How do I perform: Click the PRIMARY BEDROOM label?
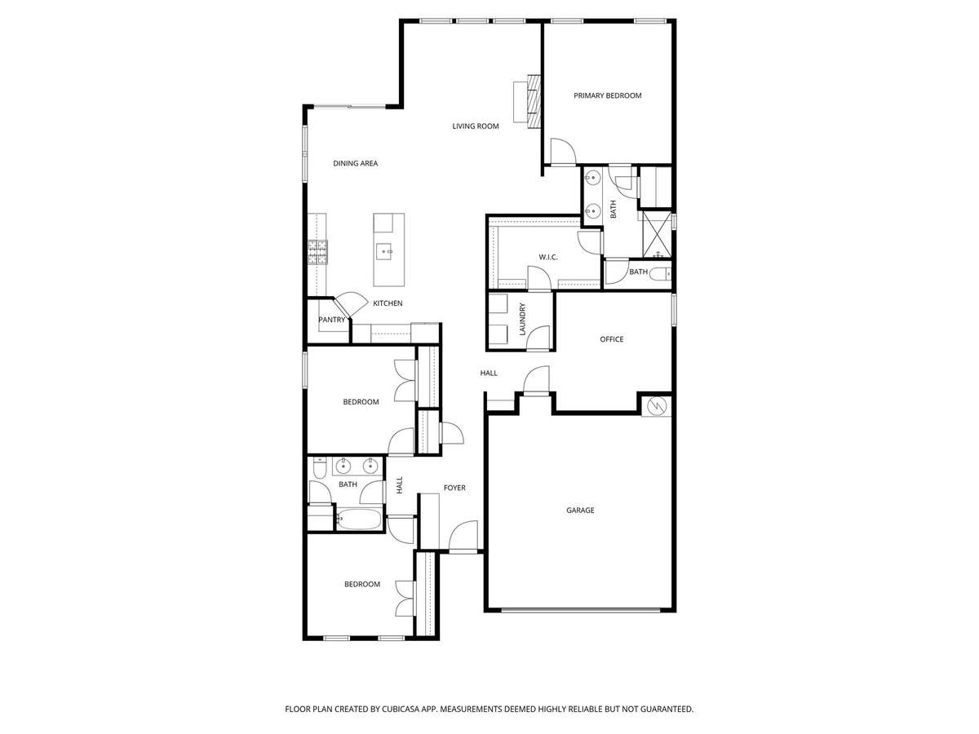coord(607,95)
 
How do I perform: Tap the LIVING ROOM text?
coord(476,126)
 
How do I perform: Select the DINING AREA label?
coord(355,164)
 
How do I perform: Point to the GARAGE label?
coord(580,511)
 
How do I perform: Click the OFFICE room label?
coord(612,339)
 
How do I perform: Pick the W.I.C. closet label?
coord(547,257)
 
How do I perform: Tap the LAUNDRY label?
coord(523,319)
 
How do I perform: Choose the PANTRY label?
coord(332,320)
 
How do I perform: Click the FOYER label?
coord(454,488)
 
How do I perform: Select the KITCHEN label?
coord(388,303)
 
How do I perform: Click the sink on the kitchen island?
coord(383,251)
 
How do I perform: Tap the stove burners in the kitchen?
coord(317,252)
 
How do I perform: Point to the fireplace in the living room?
coord(534,102)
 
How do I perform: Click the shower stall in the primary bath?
coord(656,234)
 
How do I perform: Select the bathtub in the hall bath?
coord(359,519)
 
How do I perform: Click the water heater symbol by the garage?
coord(657,405)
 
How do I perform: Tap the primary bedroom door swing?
coord(563,152)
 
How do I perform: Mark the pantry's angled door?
coord(350,303)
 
